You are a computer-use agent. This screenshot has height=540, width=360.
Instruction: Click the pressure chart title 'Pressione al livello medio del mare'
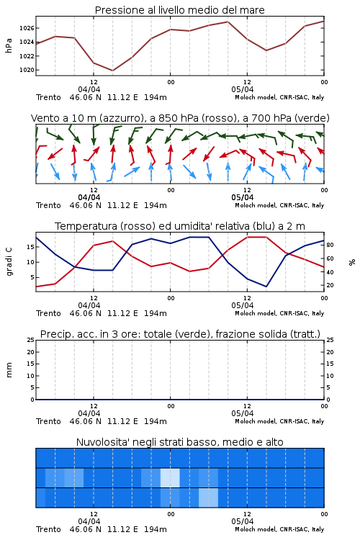(x=179, y=10)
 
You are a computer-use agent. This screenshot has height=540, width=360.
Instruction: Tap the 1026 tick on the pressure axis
(x=27, y=28)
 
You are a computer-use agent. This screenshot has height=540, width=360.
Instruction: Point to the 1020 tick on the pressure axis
(x=27, y=70)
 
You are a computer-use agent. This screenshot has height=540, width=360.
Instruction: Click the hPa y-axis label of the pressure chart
(x=9, y=45)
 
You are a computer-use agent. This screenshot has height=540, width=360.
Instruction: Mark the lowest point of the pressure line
(x=112, y=71)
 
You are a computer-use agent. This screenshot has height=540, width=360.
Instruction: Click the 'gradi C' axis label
(x=9, y=261)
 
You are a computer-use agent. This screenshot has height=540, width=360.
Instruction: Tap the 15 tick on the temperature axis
(x=30, y=247)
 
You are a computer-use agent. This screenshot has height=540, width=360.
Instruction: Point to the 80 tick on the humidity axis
(x=330, y=246)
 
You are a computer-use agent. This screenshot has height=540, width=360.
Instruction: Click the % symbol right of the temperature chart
(x=352, y=262)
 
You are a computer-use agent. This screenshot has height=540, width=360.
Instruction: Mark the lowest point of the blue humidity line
(x=266, y=286)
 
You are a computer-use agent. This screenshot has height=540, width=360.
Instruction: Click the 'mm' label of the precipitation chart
(x=9, y=370)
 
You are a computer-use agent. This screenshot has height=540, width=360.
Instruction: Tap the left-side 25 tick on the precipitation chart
(x=30, y=340)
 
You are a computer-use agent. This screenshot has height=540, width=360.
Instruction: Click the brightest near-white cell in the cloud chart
(x=170, y=477)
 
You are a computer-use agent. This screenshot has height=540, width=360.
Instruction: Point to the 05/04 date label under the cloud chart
(x=243, y=521)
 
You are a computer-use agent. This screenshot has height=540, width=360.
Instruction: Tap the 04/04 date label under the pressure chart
(x=89, y=89)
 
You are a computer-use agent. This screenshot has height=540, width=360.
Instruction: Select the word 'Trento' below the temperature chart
(x=48, y=313)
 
